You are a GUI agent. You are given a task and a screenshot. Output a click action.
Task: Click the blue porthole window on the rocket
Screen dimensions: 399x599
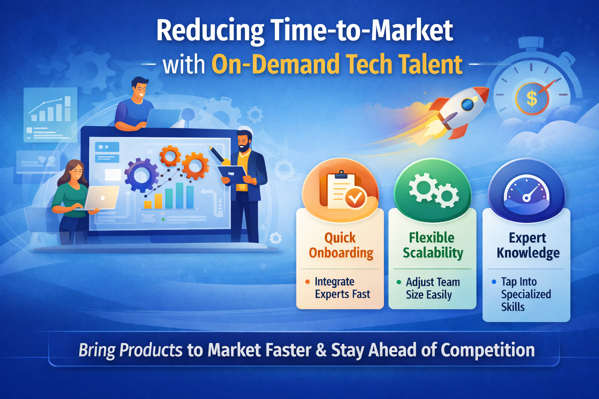(x=467, y=104)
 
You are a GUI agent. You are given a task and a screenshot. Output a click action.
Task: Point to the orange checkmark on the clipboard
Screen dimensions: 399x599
(x=355, y=198)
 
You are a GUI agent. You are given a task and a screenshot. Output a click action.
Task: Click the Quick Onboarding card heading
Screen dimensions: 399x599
(x=340, y=245)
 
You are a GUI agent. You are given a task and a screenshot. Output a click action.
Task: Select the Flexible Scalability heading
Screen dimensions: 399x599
(x=432, y=245)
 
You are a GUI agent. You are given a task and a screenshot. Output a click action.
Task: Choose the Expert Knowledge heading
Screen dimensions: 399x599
(x=528, y=245)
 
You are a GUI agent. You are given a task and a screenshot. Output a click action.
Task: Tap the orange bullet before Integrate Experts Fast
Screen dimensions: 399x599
(x=308, y=282)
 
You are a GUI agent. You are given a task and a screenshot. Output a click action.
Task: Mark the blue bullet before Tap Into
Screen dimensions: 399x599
(x=494, y=282)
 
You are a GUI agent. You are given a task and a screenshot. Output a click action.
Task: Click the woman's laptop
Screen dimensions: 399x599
(x=101, y=198)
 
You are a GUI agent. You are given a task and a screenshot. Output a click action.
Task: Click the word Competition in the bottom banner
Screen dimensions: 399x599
(x=487, y=350)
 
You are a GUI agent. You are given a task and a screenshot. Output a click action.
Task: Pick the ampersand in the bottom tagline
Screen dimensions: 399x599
(x=321, y=350)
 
